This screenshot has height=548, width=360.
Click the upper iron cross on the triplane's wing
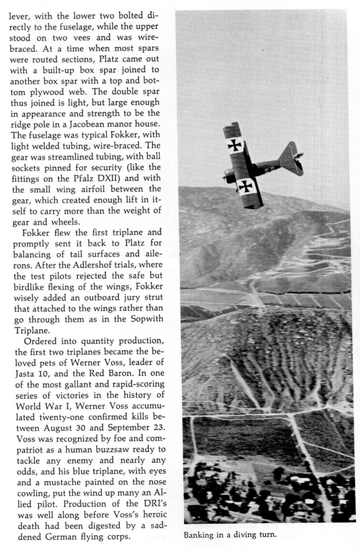(x=235, y=144)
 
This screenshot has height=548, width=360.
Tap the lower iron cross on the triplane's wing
(x=245, y=186)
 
